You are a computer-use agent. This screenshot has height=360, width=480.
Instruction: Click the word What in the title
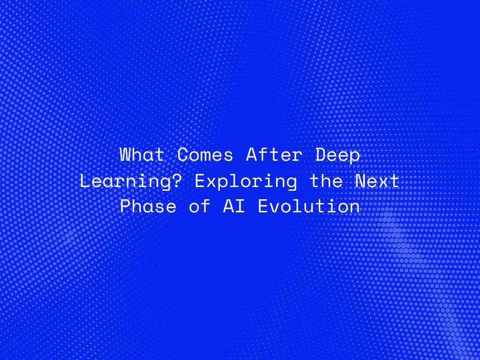(x=142, y=155)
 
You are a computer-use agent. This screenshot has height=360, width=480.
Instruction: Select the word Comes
(x=205, y=155)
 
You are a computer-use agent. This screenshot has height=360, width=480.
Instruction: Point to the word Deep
(x=337, y=155)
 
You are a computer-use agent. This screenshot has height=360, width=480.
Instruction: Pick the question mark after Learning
(x=178, y=181)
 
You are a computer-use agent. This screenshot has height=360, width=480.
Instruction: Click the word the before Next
(x=326, y=181)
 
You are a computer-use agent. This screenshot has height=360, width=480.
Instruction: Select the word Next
(x=378, y=181)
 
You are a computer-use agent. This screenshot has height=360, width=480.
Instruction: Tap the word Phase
(x=148, y=207)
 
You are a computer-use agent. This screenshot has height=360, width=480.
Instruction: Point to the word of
(x=200, y=207)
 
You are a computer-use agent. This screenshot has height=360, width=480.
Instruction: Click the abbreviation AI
(x=234, y=207)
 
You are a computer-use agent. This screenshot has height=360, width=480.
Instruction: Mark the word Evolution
(x=309, y=207)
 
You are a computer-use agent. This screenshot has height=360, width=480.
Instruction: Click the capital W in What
(x=125, y=155)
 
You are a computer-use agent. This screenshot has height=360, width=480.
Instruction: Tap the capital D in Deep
(x=320, y=155)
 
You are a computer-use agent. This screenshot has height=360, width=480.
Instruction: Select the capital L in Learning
(x=85, y=181)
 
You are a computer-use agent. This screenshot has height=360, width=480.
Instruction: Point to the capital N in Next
(x=360, y=181)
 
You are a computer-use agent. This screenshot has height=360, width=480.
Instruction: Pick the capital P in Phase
(x=125, y=207)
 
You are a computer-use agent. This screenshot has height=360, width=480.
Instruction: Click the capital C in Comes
(x=182, y=155)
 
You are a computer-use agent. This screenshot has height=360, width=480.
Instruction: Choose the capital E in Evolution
(x=263, y=207)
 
